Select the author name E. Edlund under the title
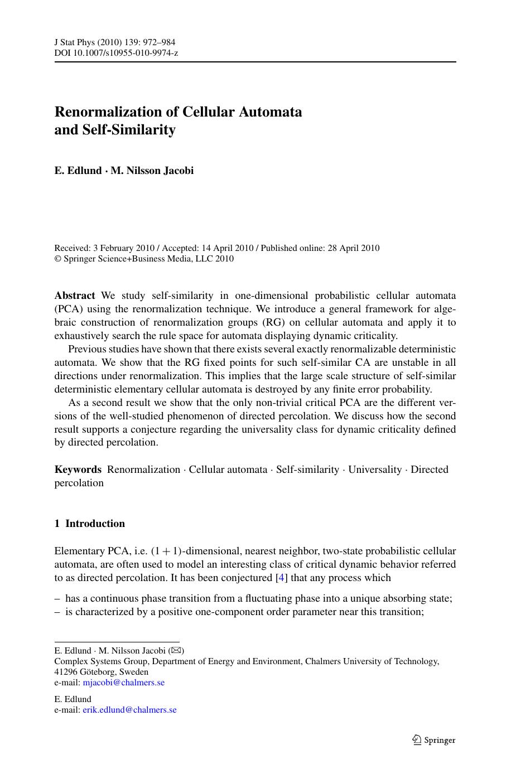78,171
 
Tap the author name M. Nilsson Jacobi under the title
152,171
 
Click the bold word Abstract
75,296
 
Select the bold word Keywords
78,470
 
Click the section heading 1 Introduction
90,524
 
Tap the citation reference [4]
282,578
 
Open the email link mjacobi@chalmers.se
124,683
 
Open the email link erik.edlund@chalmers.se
129,710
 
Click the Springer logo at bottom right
433,740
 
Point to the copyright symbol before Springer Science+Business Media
57,259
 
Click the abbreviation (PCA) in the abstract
68,309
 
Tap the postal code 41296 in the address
66,672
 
